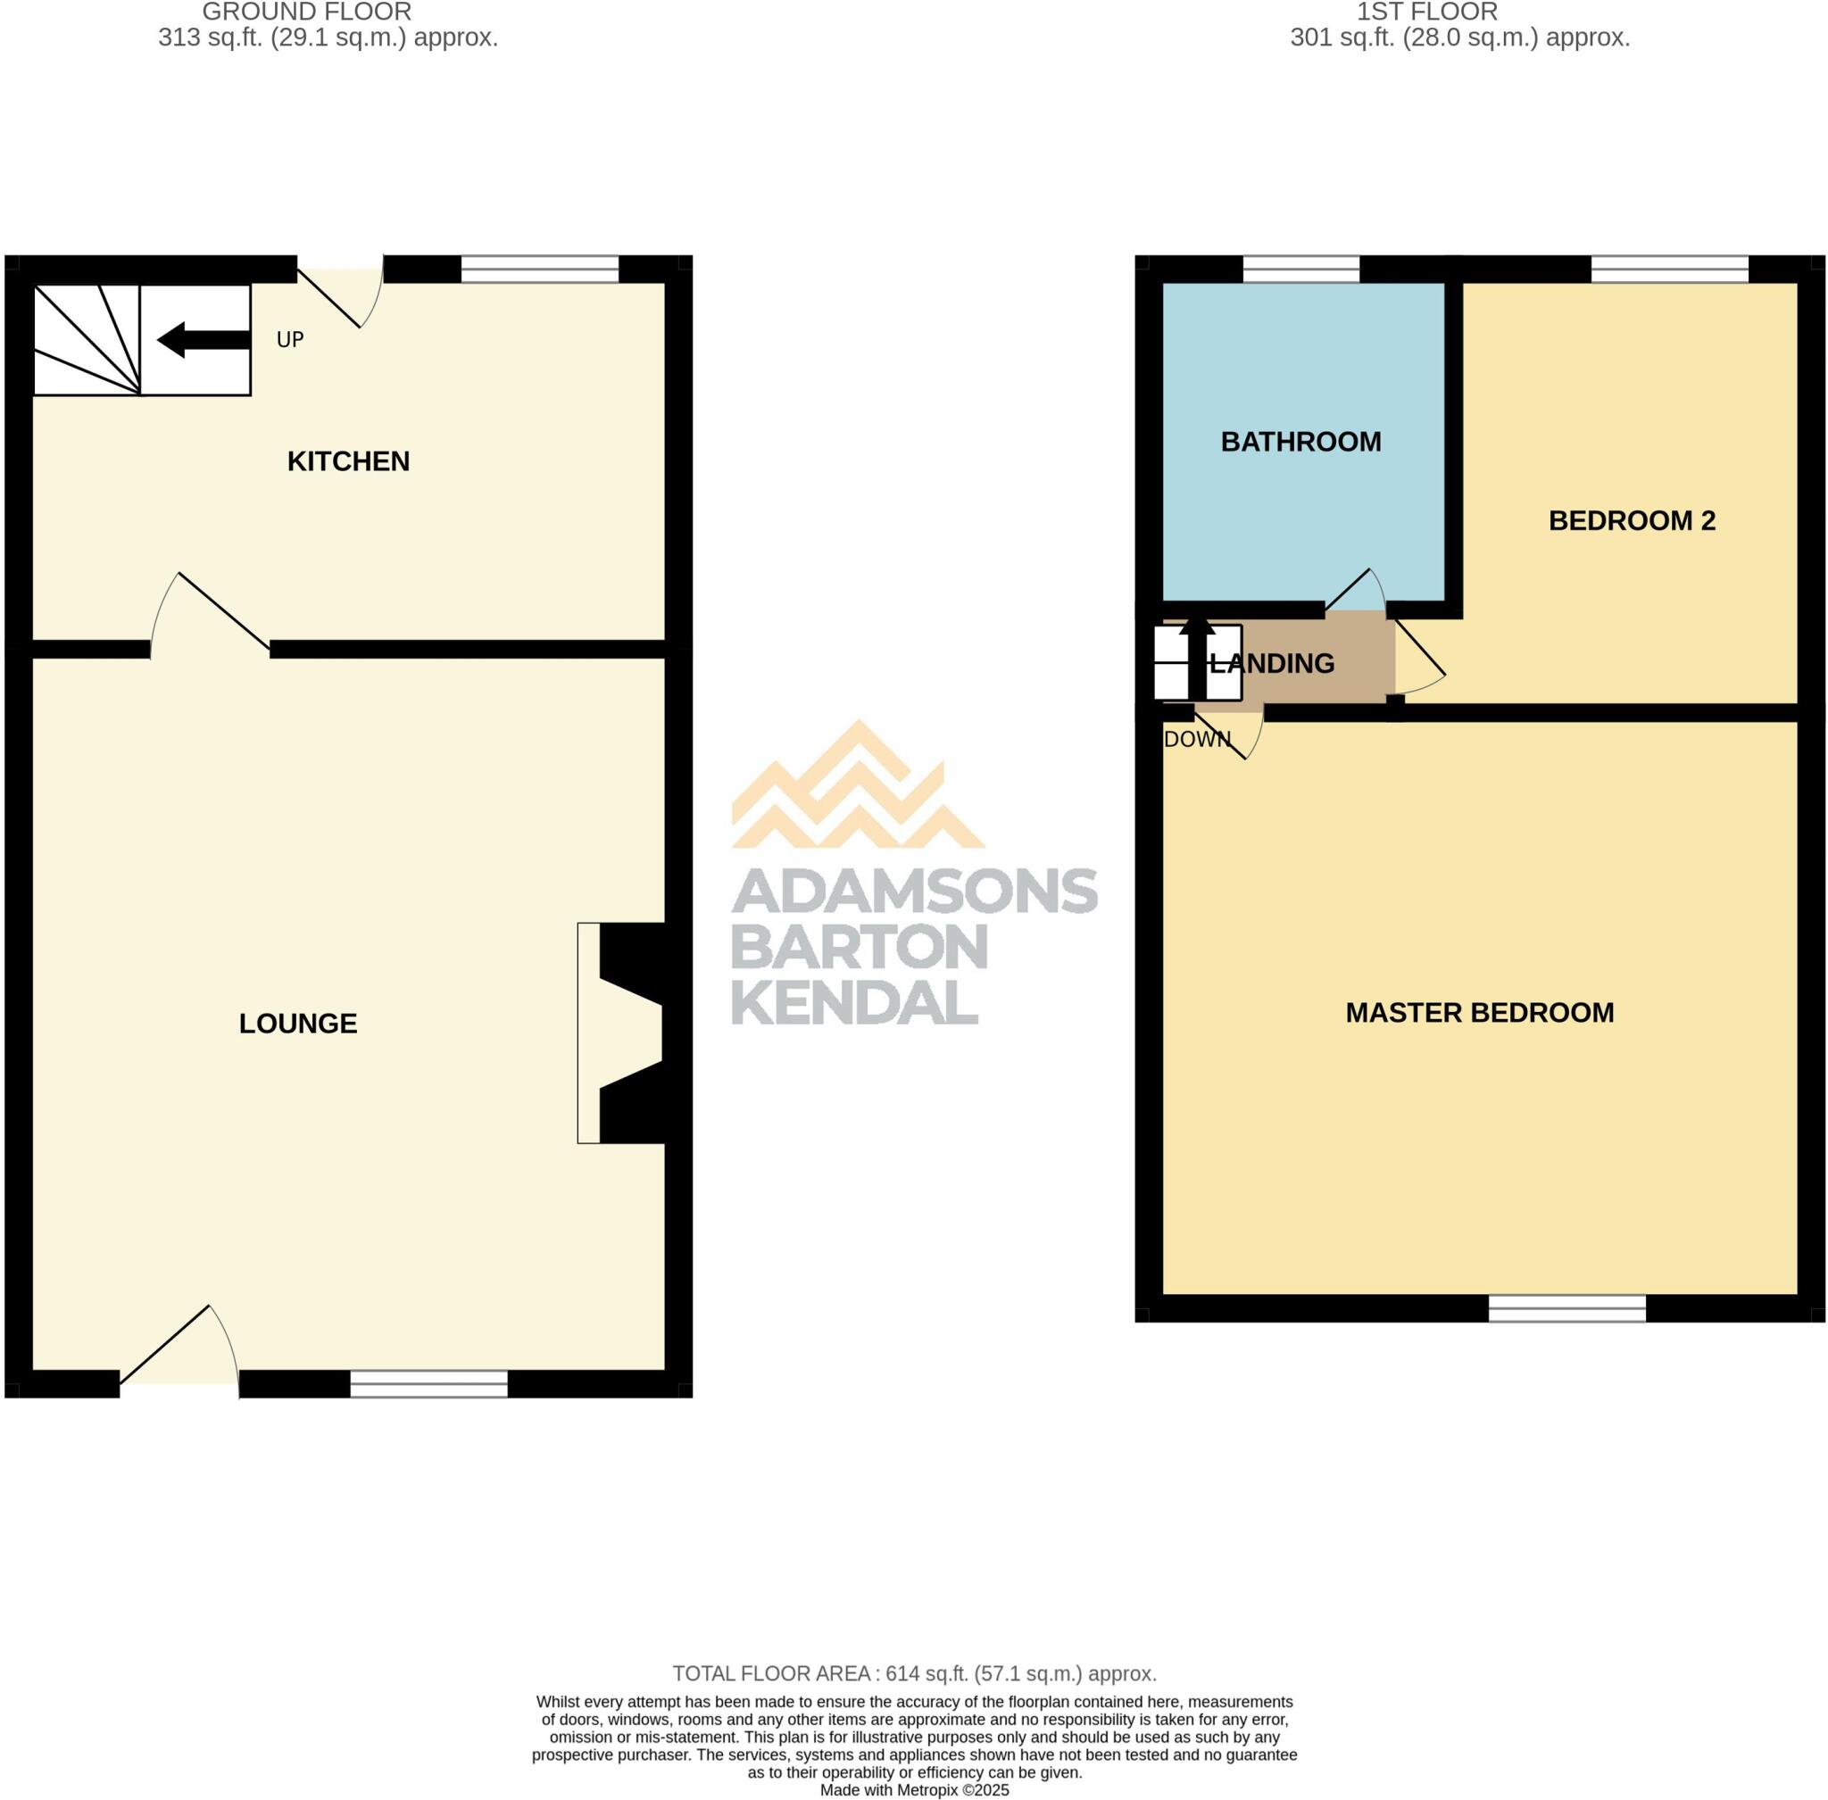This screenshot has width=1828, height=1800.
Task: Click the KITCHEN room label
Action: tap(348, 461)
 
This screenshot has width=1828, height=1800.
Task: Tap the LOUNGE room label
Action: tap(298, 1024)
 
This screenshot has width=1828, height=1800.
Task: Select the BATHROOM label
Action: tap(1300, 442)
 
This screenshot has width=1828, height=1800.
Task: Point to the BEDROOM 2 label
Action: tap(1632, 520)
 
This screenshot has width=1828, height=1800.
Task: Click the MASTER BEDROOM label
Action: tap(1479, 1013)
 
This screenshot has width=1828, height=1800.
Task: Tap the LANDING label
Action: tap(1272, 664)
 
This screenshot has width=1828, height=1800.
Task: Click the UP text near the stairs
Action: tap(289, 339)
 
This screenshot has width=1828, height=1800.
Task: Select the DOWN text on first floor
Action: tap(1196, 739)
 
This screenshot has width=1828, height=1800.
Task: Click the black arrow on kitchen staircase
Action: tap(203, 340)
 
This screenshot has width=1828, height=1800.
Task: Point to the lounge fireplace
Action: tap(624, 1033)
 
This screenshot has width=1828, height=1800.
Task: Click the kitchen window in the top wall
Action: tap(539, 270)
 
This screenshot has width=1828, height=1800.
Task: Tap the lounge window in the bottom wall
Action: tap(428, 1384)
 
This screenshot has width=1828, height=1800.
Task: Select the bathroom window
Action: tap(1300, 270)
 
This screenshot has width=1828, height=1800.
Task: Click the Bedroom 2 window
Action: tap(1669, 270)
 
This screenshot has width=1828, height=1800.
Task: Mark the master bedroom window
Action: tap(1566, 1308)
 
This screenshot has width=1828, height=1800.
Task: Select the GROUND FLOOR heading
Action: tap(306, 12)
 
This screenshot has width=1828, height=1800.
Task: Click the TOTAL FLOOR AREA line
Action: tap(913, 1674)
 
